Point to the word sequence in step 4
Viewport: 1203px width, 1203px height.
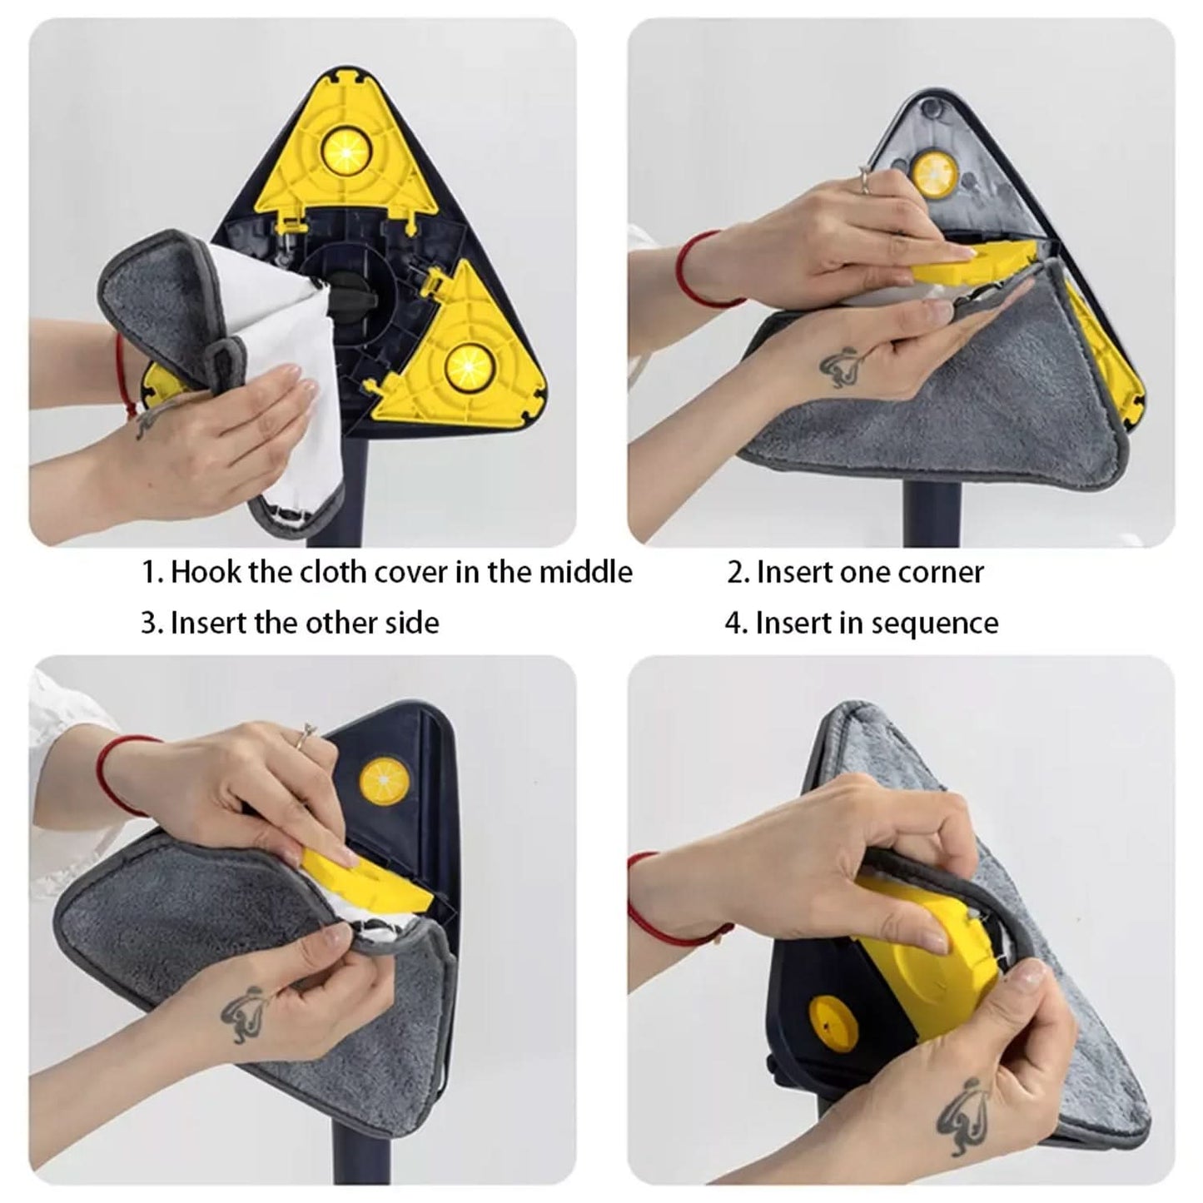coord(940,624)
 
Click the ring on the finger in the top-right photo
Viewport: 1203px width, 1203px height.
coord(865,176)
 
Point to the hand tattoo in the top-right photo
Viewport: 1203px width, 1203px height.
coord(840,364)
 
